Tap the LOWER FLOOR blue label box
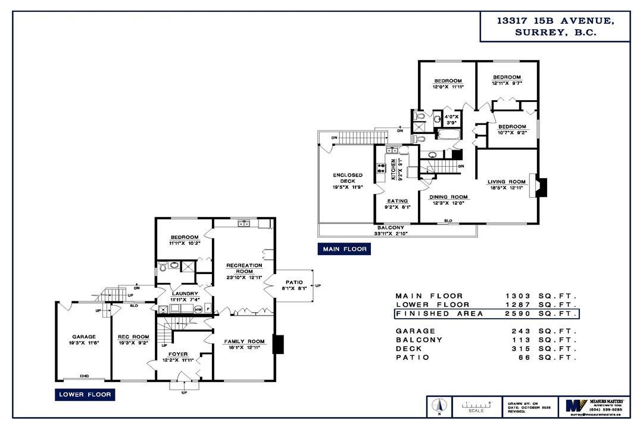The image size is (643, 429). tap(85, 394)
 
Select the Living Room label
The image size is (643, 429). tap(507, 182)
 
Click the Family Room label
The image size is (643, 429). tap(244, 341)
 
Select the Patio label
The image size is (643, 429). tap(294, 282)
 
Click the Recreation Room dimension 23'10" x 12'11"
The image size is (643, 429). tap(244, 277)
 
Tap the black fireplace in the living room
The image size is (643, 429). tap(539, 186)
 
